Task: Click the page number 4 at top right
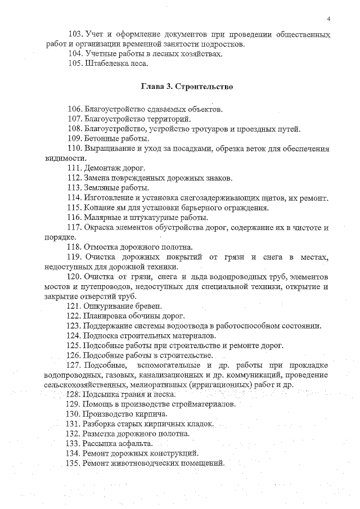tap(328, 19)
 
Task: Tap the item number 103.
tap(75, 35)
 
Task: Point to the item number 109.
tap(75, 138)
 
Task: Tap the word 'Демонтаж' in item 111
tap(103, 168)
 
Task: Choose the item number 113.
tap(75, 188)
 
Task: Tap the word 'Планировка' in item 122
tap(106, 316)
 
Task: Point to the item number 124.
tap(75, 335)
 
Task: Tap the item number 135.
tap(75, 463)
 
